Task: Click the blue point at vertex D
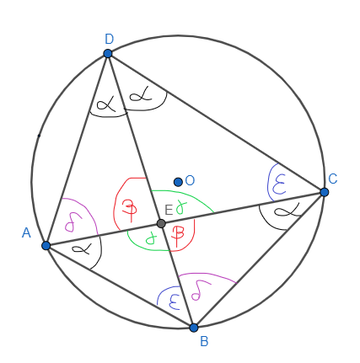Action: coord(108,53)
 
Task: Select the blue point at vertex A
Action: coord(46,246)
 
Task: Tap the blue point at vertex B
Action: coord(194,328)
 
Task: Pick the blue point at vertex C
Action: coord(325,192)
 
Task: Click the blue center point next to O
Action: coord(178,182)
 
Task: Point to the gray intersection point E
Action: coord(161,224)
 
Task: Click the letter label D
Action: coord(109,39)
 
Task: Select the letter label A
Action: coord(26,233)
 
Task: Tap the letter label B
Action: coord(204,342)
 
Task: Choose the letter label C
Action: coord(333,179)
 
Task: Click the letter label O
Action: coord(190,180)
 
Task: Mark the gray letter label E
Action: coord(169,210)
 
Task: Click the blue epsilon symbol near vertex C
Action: coord(279,184)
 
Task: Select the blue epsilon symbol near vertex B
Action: coord(175,302)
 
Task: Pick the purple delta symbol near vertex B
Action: coord(201,291)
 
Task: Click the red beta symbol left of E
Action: coord(130,211)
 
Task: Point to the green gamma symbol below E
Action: coord(151,239)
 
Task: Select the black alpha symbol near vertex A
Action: coord(82,248)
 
